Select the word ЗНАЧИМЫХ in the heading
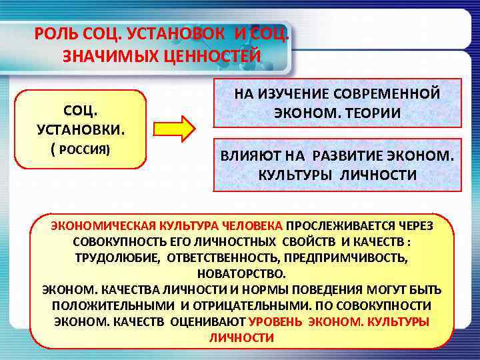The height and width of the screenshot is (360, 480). [x=106, y=56]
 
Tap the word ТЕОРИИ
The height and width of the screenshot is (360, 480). [x=371, y=113]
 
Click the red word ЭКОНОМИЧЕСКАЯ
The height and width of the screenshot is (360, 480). [x=98, y=226]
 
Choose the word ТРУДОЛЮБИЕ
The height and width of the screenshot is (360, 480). [x=115, y=257]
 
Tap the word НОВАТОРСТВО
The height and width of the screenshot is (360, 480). [x=241, y=273]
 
